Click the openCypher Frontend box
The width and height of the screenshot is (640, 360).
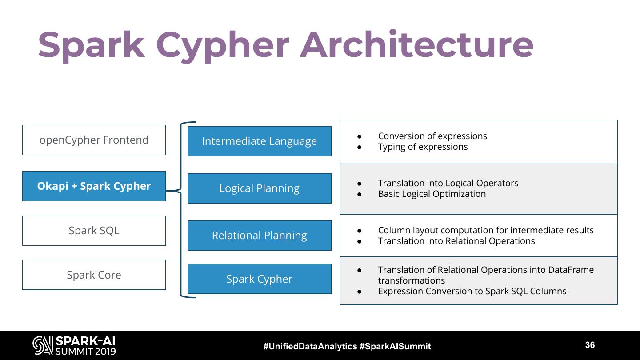coord(94,140)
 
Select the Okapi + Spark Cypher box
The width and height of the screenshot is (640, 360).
coord(94,186)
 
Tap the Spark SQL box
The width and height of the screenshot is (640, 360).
coord(94,231)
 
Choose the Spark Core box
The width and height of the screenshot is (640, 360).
coord(94,275)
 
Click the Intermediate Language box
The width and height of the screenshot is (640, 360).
coord(259,141)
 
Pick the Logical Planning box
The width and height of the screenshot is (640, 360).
coord(259,188)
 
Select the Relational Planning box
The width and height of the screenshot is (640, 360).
coord(259,236)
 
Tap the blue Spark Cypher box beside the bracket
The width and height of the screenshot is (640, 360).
coord(259,279)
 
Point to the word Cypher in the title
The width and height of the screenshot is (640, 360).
coord(222,45)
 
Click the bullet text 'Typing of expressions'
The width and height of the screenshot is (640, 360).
coord(423,147)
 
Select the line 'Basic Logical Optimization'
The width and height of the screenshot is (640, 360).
coord(432,194)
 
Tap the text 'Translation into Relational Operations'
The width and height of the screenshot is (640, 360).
coord(456,241)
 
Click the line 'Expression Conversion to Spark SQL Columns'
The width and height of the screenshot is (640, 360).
coord(472,292)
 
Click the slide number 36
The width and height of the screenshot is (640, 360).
coord(590,345)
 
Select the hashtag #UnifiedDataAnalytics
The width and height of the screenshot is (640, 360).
coord(310,347)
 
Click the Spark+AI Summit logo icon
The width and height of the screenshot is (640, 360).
coord(43,346)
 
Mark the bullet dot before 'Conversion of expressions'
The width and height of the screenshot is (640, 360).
coord(360,136)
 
